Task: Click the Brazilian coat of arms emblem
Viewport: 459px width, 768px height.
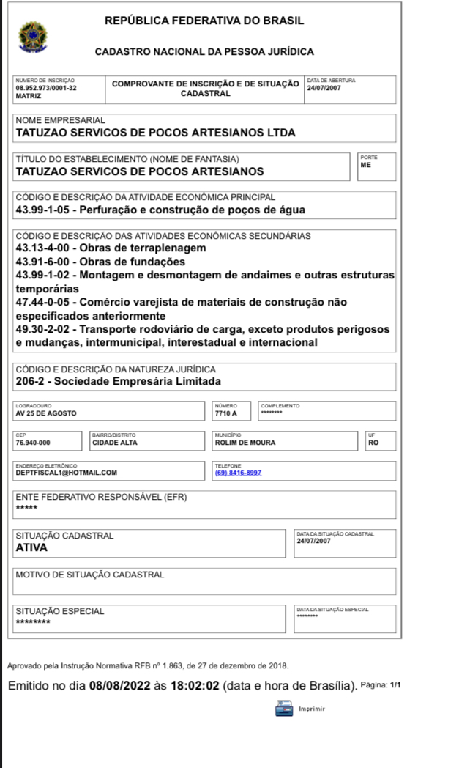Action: pos(31,36)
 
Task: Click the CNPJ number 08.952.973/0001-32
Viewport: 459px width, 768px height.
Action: pos(46,88)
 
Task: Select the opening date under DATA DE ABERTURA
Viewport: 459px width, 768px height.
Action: pos(323,88)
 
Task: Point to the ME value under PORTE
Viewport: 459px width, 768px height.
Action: pos(366,166)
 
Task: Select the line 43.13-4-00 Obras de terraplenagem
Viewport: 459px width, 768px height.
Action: pos(111,248)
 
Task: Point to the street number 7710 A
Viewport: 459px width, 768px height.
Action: pos(225,413)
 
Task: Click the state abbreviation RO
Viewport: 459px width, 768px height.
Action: pos(374,443)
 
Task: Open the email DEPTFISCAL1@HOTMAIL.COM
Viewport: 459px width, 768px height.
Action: pos(66,473)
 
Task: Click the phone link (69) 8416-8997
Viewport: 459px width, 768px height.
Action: pos(238,473)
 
